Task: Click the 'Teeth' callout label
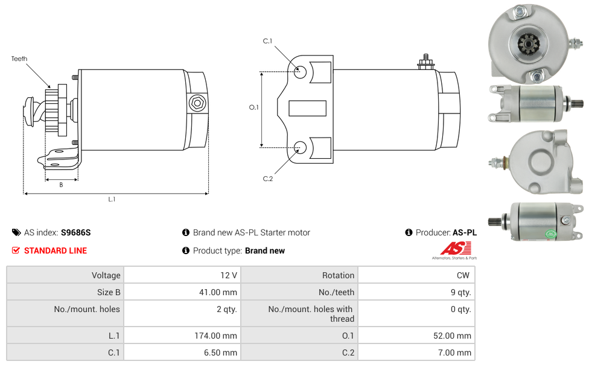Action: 19,59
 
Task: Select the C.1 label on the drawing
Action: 267,41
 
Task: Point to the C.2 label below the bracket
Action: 268,179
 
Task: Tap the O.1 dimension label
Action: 254,107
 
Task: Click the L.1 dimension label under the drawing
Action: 112,199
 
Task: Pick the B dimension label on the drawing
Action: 61,185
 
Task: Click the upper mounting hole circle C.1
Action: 300,72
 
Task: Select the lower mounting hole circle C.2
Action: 300,147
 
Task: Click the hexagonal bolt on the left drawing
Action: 197,103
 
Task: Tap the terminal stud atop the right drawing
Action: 425,62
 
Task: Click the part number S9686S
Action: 76,232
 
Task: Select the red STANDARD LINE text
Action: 56,251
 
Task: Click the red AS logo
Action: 456,248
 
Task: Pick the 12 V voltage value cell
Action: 182,275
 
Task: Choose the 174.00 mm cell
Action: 182,336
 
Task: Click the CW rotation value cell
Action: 416,275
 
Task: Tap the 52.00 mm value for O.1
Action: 416,336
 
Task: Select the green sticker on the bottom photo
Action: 552,235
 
